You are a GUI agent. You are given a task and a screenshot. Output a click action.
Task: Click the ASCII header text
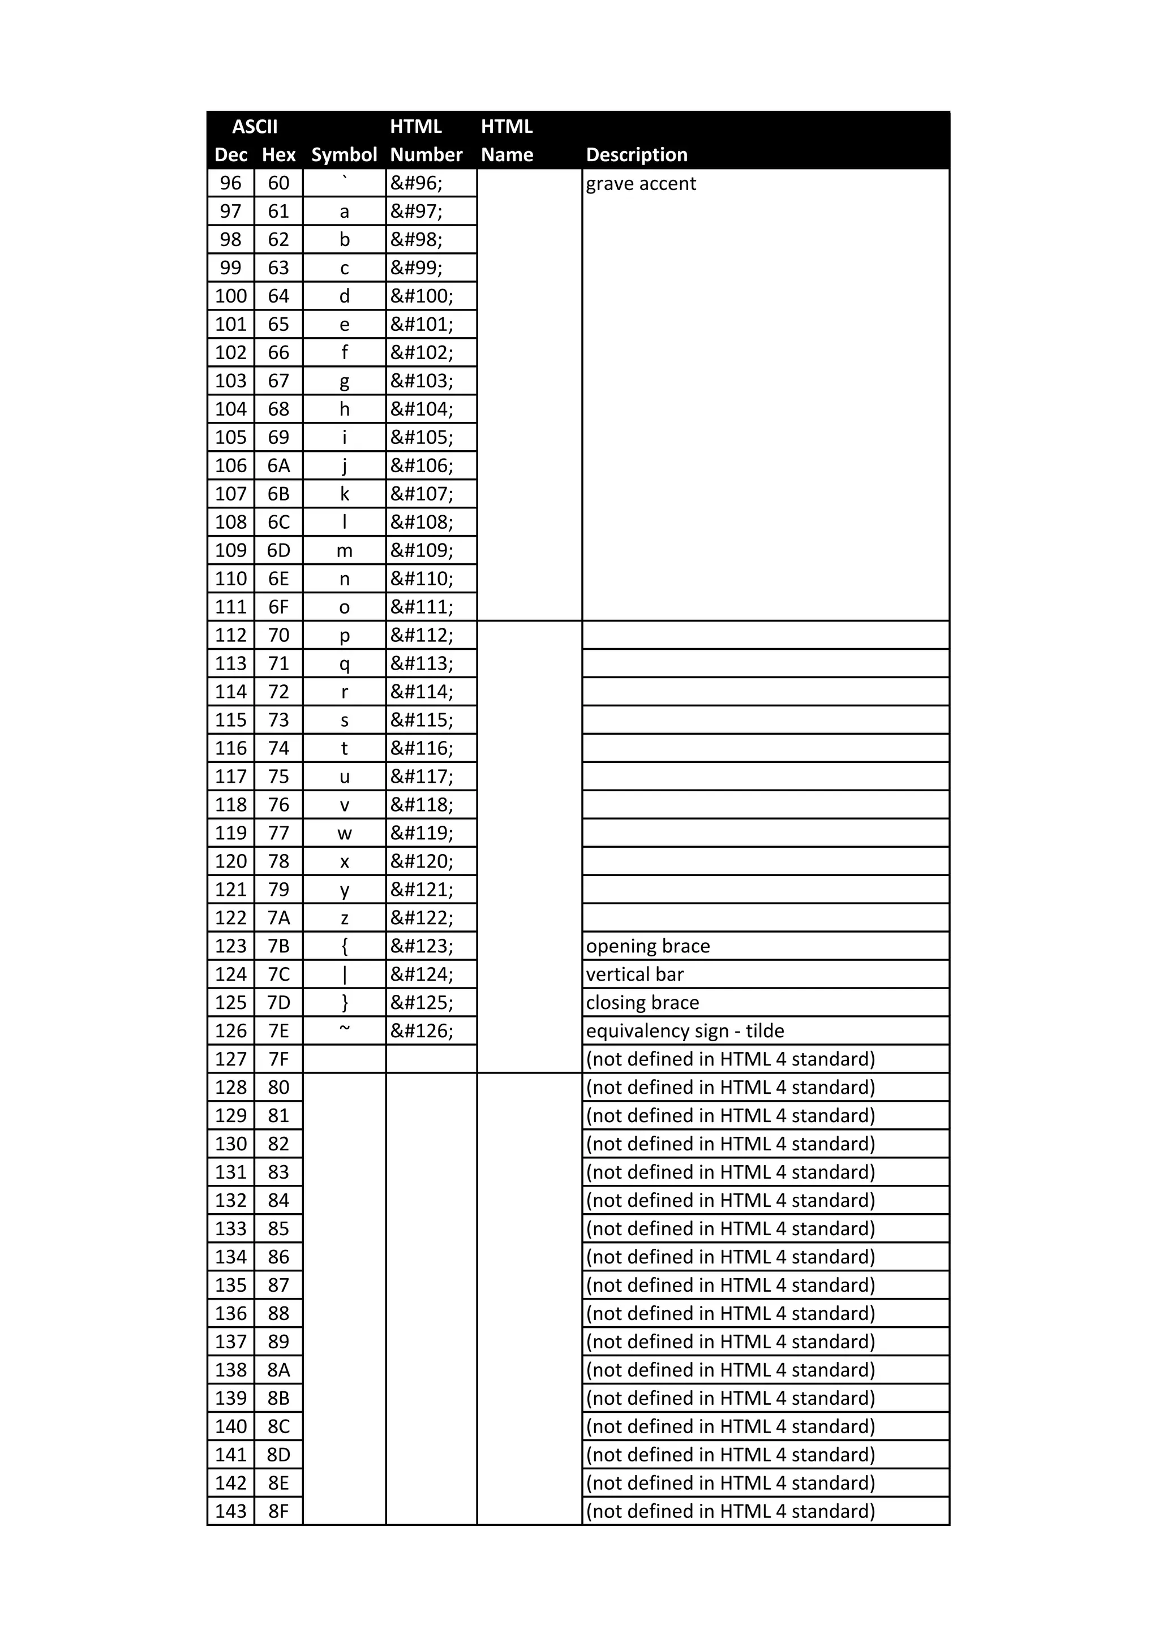pyautogui.click(x=254, y=127)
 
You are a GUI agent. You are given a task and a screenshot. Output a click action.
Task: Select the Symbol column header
pyautogui.click(x=344, y=155)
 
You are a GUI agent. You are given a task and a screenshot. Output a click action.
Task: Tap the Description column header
pyautogui.click(x=636, y=155)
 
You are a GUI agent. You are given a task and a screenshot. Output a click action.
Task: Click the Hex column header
pyautogui.click(x=278, y=155)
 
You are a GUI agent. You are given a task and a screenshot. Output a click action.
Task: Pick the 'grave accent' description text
pyautogui.click(x=641, y=184)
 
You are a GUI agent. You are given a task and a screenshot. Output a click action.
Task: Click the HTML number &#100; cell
pyautogui.click(x=421, y=296)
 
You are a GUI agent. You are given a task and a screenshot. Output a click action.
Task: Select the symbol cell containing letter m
pyautogui.click(x=344, y=551)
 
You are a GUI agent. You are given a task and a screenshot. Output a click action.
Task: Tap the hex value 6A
pyautogui.click(x=278, y=466)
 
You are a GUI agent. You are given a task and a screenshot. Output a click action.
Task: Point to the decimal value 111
pyautogui.click(x=231, y=607)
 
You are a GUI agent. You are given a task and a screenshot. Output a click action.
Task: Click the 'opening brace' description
pyautogui.click(x=648, y=947)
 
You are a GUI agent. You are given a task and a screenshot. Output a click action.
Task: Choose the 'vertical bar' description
pyautogui.click(x=635, y=975)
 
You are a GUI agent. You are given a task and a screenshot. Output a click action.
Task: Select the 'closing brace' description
pyautogui.click(x=642, y=1003)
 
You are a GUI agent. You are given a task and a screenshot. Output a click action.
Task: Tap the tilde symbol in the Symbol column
pyautogui.click(x=344, y=1029)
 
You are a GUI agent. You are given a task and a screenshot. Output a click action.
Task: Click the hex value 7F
pyautogui.click(x=278, y=1059)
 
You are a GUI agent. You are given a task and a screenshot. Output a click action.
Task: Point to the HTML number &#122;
pyautogui.click(x=421, y=918)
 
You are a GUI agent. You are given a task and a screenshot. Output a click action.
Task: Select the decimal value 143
pyautogui.click(x=231, y=1512)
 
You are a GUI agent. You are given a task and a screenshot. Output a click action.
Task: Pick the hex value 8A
pyautogui.click(x=278, y=1370)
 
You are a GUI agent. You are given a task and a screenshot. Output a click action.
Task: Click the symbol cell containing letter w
pyautogui.click(x=344, y=834)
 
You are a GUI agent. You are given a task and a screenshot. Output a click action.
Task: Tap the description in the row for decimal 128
pyautogui.click(x=730, y=1088)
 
